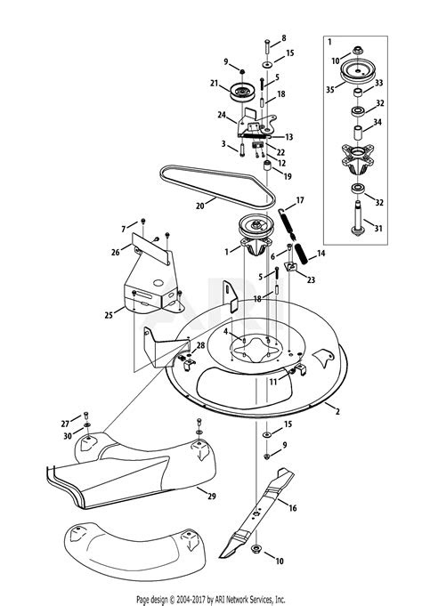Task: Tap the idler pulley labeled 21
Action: coord(241,92)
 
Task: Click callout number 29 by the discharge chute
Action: coord(211,496)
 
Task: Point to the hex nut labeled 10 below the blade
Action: coord(256,549)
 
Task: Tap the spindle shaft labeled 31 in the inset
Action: coord(357,218)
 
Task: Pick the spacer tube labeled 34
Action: coord(357,133)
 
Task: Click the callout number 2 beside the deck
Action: coord(337,412)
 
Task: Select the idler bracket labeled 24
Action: coord(256,123)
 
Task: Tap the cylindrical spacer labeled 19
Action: coord(266,166)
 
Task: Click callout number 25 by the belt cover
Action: coord(109,315)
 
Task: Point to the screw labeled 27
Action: coord(85,416)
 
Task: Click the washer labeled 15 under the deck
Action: coord(267,435)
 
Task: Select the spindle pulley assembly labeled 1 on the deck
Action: coord(255,235)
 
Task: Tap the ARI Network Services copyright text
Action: coord(210,600)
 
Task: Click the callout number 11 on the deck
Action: coord(273,382)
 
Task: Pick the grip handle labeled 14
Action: coord(301,254)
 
